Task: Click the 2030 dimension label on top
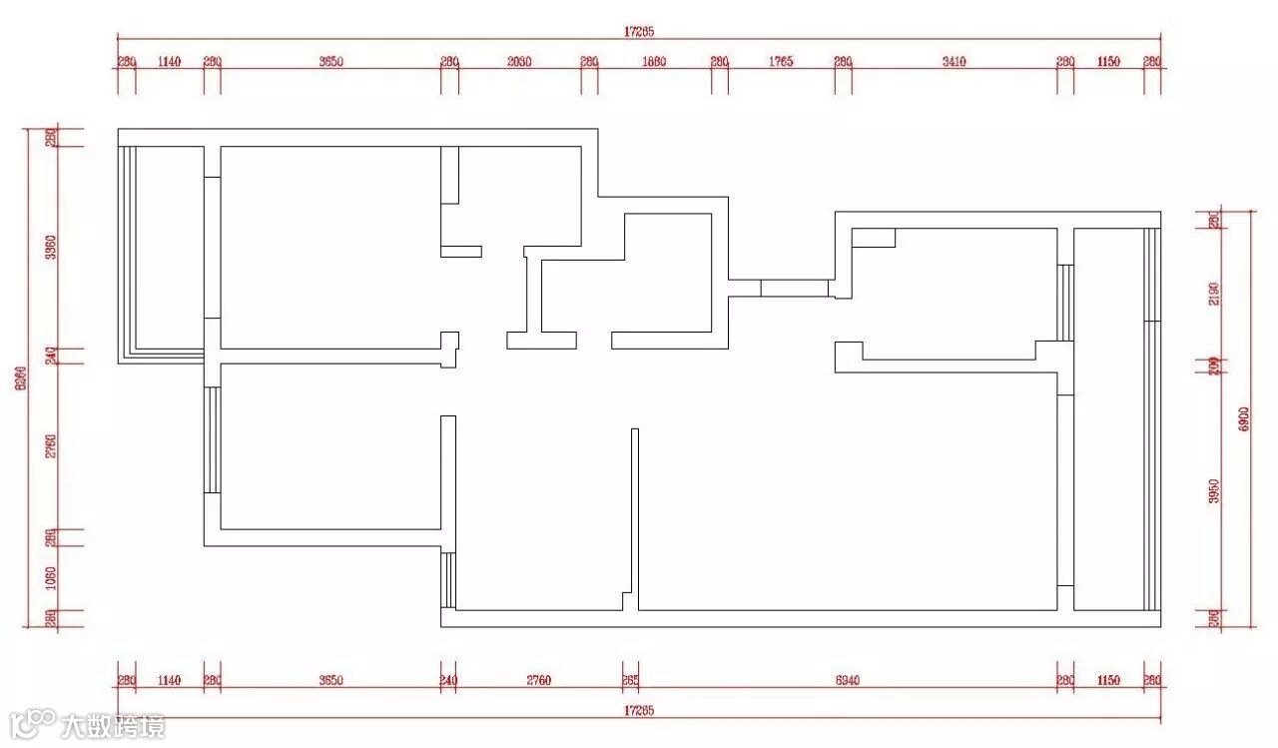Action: [519, 62]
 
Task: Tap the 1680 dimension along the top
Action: [654, 62]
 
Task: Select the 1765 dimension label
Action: [781, 62]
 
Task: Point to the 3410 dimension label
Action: [954, 62]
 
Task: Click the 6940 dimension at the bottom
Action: [847, 681]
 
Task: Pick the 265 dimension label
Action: [630, 681]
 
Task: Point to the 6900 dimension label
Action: [1243, 418]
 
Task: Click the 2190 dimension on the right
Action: [1214, 293]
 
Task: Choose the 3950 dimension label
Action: [1214, 491]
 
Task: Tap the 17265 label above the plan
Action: [639, 32]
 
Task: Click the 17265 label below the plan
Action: [639, 710]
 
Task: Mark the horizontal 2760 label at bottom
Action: [538, 681]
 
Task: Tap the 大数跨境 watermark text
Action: [113, 726]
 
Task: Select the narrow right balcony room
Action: [1108, 419]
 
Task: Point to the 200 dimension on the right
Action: [1214, 365]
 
